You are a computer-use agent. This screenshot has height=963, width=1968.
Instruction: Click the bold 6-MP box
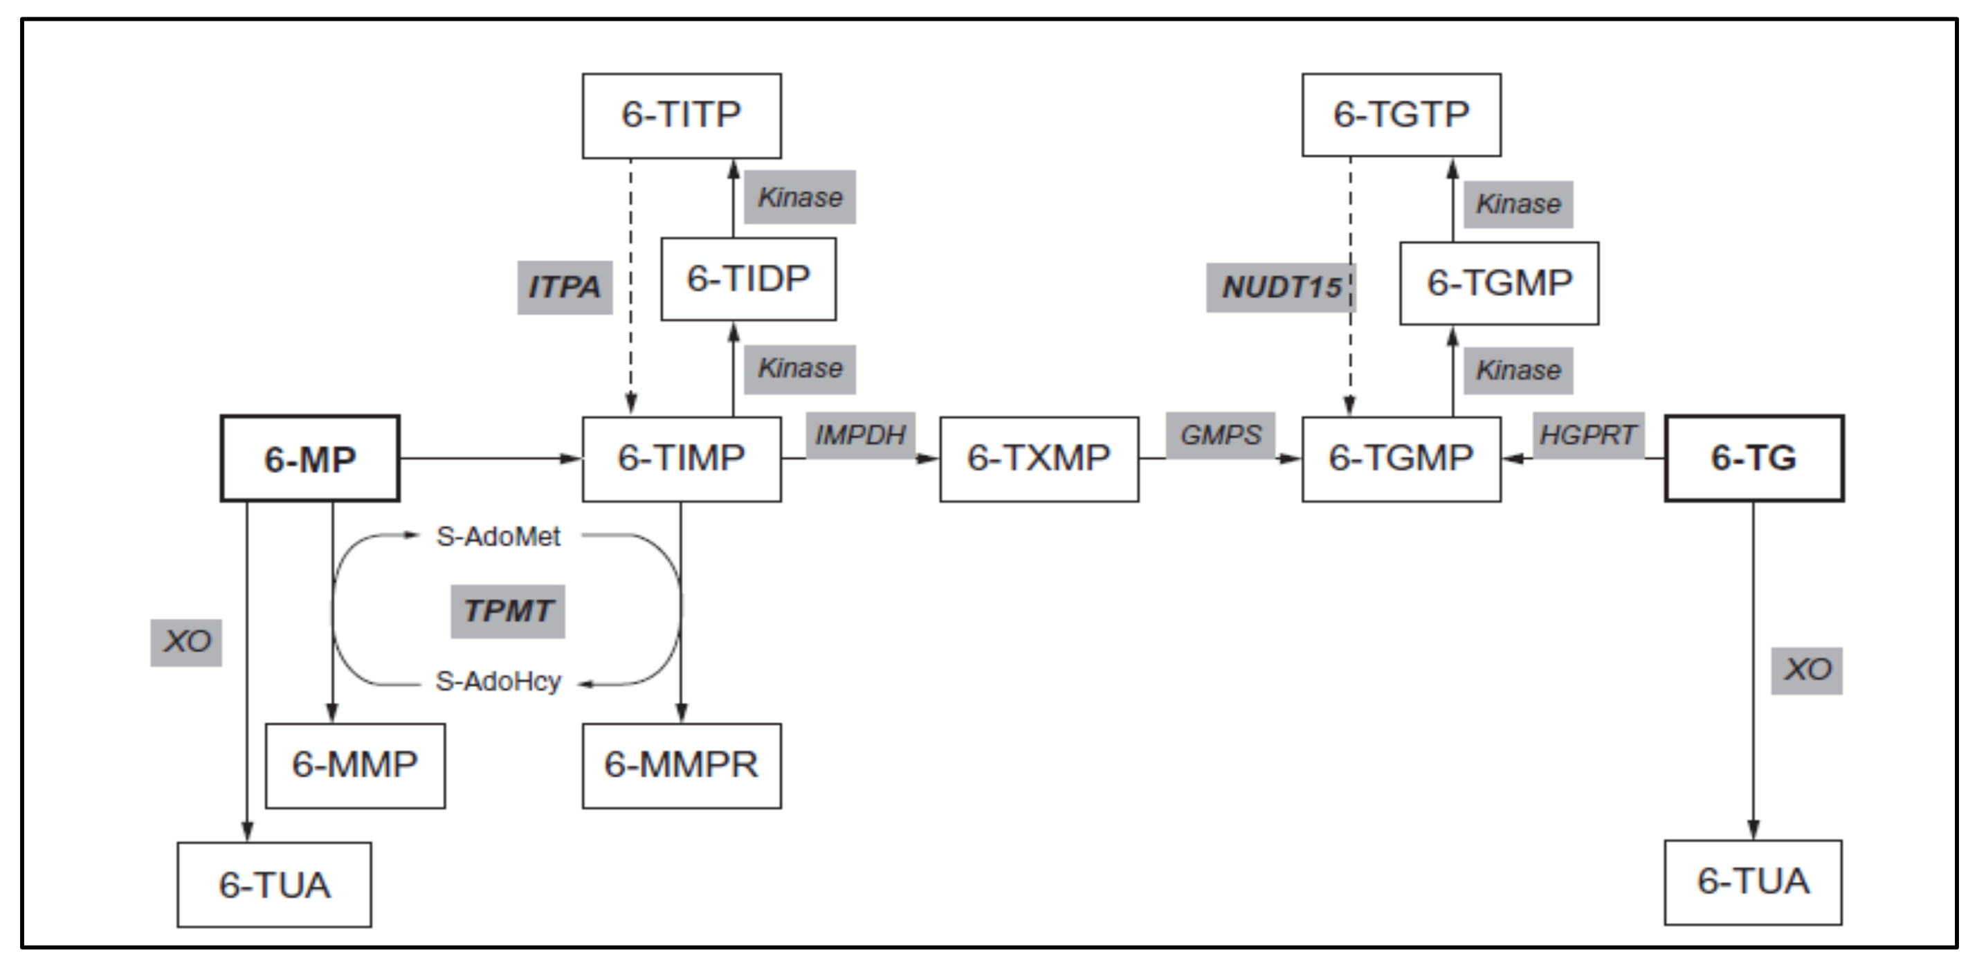309,459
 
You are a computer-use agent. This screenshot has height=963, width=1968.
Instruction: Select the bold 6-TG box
1754,458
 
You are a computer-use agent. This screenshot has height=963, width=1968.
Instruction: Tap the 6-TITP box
682,116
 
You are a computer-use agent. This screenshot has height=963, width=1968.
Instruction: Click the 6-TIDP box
748,279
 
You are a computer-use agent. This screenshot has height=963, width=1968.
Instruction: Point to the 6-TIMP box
682,458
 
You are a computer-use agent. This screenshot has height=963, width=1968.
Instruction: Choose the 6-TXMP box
1039,458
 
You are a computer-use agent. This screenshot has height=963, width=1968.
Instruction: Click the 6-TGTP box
1401,116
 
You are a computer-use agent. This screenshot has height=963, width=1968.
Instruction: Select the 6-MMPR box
682,765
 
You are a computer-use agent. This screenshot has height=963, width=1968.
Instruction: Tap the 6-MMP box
355,765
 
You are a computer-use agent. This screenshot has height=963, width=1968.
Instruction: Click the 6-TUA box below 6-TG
1753,882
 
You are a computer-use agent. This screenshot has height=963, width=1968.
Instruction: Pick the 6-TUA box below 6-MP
274,885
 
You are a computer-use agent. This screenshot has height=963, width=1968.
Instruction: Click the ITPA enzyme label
565,287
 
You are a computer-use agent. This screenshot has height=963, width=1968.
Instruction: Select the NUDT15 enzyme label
1281,288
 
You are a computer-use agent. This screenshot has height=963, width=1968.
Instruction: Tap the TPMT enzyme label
507,611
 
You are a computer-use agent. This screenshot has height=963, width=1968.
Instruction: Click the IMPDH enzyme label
860,435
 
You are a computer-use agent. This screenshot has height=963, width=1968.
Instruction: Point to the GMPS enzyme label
1220,435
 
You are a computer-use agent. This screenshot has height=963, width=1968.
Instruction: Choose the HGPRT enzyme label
1588,435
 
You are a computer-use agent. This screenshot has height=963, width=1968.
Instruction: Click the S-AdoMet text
498,536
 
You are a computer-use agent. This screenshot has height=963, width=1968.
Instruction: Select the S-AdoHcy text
498,681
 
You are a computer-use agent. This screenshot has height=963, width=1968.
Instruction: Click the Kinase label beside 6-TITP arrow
800,197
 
